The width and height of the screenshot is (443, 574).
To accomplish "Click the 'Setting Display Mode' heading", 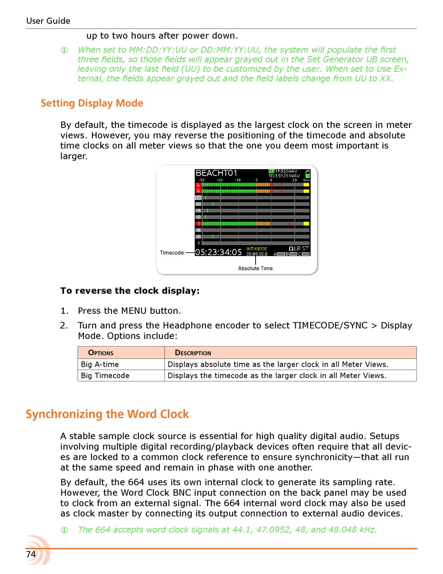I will coord(92,103).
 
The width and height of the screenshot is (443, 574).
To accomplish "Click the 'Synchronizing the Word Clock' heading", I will coord(107,414).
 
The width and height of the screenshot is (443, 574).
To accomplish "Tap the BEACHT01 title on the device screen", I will coord(216,173).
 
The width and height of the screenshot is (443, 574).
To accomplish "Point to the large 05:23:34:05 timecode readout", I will coord(219,252).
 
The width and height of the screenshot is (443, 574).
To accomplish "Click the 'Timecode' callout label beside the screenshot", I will coord(172,253).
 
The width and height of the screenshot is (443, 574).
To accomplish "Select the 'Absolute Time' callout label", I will coord(255,269).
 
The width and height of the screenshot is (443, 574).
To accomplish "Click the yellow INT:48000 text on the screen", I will coord(256,249).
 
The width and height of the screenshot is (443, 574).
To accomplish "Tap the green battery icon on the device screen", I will coord(307,174).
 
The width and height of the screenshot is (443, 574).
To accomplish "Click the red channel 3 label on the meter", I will coord(198,224).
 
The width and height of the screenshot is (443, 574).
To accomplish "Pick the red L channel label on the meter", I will coord(198,185).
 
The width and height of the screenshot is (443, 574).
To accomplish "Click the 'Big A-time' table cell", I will coord(100,364).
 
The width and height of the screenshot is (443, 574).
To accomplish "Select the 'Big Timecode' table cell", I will coord(105,376).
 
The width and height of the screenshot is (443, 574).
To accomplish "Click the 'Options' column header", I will coord(101,353).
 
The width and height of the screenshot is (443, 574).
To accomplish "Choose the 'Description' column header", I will coord(193,353).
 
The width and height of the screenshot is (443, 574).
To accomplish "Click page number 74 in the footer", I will coord(31,554).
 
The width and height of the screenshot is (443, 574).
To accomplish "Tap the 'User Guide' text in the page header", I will coord(48,21).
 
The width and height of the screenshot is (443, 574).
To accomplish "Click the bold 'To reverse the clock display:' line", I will coord(130,291).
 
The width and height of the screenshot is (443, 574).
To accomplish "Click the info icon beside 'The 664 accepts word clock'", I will coord(64,530).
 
